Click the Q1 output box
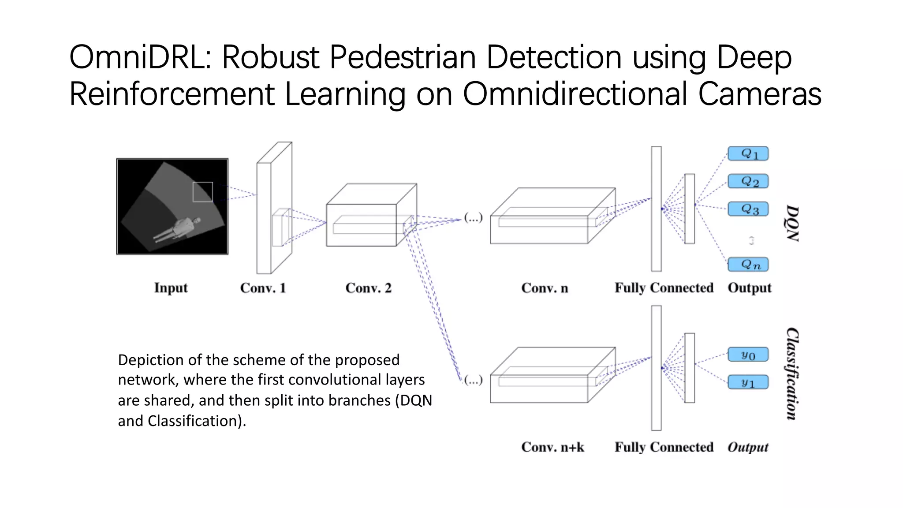[748, 154]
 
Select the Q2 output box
[748, 181]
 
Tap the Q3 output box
[748, 209]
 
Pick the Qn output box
[748, 265]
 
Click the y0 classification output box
[748, 355]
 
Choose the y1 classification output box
[748, 382]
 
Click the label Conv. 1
[263, 288]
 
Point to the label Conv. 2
[369, 288]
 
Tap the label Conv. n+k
[552, 447]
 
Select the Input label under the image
[171, 288]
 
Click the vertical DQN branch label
[792, 223]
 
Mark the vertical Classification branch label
[792, 374]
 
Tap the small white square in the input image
[203, 192]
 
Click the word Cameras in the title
[759, 94]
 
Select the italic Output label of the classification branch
[748, 447]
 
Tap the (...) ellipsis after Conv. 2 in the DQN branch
[474, 217]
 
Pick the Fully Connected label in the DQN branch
[664, 288]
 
